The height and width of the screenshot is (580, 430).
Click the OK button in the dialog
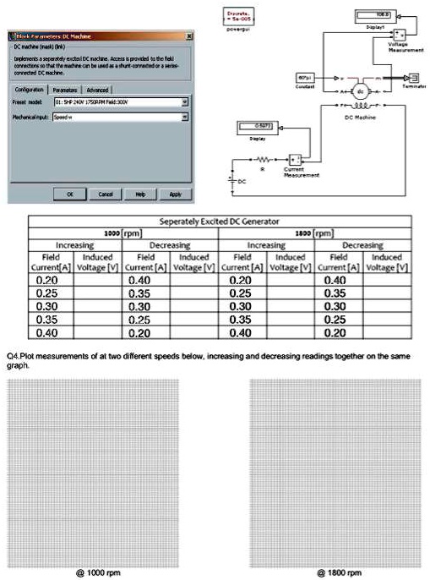click(70, 194)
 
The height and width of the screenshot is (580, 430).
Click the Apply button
click(175, 194)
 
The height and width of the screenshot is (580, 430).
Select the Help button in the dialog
click(140, 194)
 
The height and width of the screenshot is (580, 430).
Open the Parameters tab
click(65, 89)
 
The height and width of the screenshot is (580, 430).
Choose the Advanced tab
click(97, 89)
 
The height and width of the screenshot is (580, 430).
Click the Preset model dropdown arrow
click(185, 102)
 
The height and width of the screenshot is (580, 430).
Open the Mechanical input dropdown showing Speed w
click(185, 118)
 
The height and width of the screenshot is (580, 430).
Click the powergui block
click(240, 15)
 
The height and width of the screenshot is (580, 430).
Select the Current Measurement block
click(296, 159)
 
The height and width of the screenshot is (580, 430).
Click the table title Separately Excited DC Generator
click(219, 222)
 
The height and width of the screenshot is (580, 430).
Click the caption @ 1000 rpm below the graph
click(99, 572)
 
